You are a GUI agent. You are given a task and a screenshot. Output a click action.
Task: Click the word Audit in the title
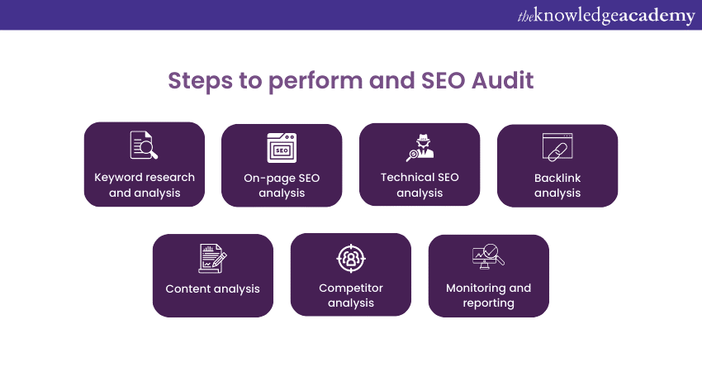[505, 81]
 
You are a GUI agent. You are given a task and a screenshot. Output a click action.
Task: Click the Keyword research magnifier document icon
[144, 145]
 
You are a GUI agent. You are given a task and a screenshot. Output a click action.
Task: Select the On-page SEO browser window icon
[282, 147]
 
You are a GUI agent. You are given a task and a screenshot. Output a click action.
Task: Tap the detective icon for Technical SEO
[419, 146]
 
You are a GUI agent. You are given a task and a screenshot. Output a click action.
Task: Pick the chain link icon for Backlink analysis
[557, 147]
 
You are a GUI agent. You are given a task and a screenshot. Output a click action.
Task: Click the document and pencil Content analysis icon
[212, 258]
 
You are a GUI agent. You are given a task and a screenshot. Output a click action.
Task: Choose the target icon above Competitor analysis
[350, 259]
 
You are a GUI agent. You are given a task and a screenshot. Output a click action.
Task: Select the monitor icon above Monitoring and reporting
[487, 257]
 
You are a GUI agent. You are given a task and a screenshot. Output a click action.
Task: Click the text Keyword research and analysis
[145, 185]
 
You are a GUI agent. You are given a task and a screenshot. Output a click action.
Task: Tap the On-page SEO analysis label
[282, 185]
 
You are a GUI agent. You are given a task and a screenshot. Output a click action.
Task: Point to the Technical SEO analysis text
[420, 185]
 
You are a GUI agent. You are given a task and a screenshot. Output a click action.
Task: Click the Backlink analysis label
[557, 185]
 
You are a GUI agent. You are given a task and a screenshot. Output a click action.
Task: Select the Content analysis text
[213, 289]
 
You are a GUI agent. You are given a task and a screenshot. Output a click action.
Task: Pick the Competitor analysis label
[351, 295]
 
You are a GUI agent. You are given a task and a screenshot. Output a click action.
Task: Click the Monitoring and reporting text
[488, 295]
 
